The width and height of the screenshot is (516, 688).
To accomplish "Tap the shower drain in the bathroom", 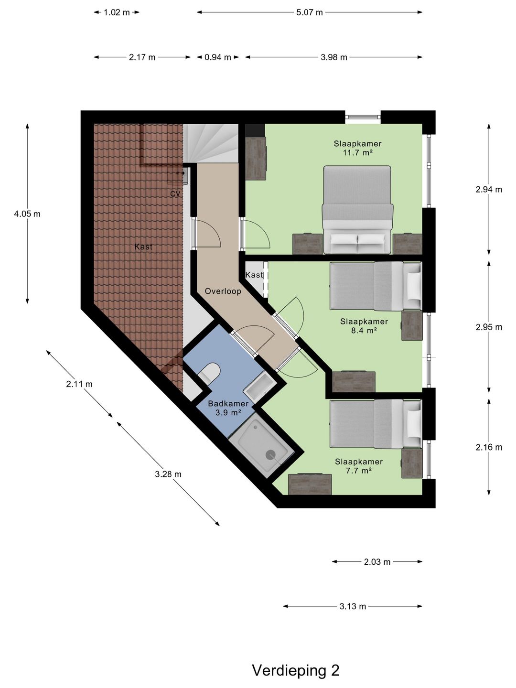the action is tap(270, 454).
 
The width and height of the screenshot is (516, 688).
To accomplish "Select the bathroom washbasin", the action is tap(260, 387).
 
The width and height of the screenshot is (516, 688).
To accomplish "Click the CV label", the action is tap(175, 193).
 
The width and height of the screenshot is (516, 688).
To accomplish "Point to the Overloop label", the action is tap(223, 291).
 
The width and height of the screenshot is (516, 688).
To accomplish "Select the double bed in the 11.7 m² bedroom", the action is tap(357, 210).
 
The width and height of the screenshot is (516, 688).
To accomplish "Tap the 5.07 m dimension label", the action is tap(310, 12).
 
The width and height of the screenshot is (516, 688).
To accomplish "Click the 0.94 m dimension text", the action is tap(218, 57).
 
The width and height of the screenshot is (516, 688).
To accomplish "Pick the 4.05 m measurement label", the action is tap(27, 214).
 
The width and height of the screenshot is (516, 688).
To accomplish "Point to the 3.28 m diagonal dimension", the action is tap(168, 474).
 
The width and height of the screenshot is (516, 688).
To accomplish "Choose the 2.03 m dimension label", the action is tap(377, 562).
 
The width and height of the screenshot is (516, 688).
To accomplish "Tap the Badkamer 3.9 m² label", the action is tap(228, 408).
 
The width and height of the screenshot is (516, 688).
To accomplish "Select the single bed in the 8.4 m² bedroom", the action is tap(376, 287).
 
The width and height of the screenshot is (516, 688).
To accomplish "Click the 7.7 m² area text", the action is tap(359, 471).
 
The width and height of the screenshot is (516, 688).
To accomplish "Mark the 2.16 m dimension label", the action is tap(489, 447).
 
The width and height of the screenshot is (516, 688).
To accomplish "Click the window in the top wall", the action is tap(363, 117).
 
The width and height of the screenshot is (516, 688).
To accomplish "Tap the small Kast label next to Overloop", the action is tap(254, 275).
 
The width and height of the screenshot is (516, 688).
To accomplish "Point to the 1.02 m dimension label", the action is tap(117, 12).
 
